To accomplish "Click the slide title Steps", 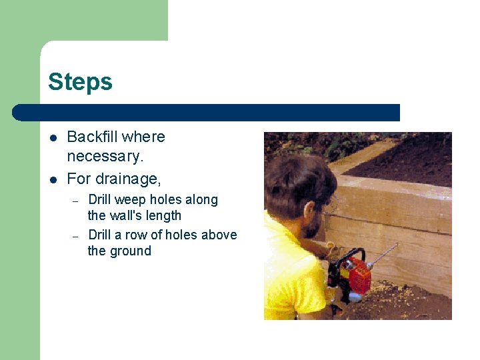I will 80,83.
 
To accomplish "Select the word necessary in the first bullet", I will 104,157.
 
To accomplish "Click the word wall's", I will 129,216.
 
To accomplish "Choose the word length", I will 164,216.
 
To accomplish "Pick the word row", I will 135,235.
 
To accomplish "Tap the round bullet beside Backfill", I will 53,138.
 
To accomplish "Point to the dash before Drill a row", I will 76,236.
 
